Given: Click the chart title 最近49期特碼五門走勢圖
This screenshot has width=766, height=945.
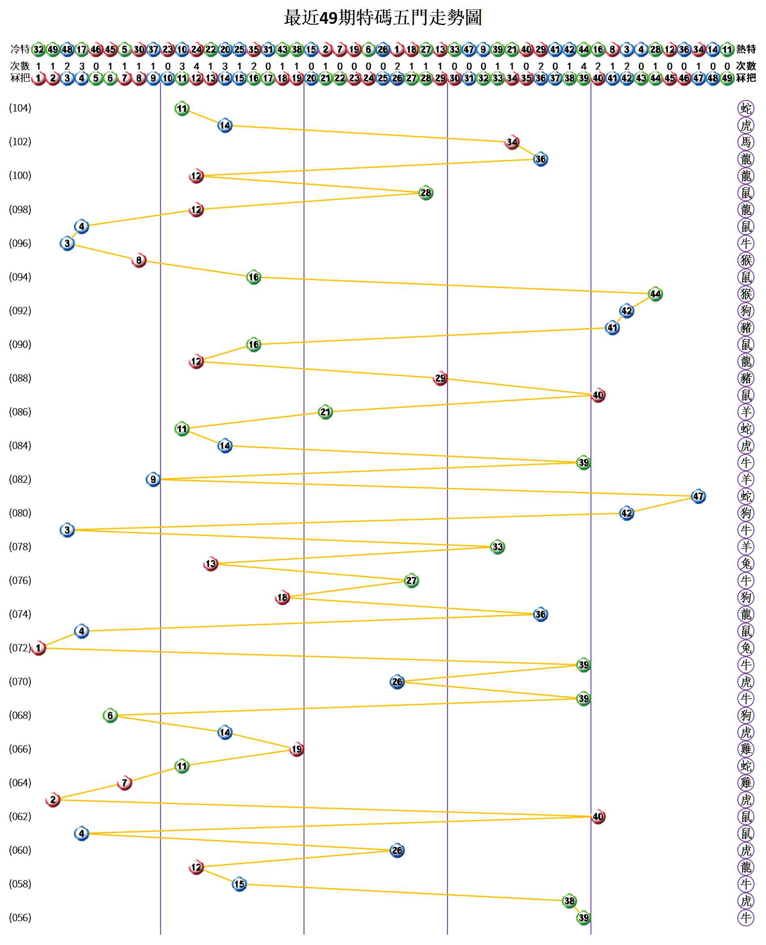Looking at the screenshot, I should tap(383, 18).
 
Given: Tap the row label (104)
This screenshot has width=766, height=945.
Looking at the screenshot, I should tap(20, 108).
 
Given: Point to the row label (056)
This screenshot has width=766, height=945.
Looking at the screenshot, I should tap(20, 918).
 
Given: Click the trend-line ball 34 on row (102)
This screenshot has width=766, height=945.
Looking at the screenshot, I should tap(512, 142).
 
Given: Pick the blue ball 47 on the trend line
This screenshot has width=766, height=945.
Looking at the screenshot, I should tap(698, 496).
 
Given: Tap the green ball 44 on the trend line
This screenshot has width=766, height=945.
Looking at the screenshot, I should tap(655, 294).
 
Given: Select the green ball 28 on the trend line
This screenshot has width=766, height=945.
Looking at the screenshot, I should tap(426, 193).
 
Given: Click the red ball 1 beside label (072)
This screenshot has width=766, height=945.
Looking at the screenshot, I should tap(39, 648).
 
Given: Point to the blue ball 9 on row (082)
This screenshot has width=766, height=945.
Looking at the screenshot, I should tap(153, 479).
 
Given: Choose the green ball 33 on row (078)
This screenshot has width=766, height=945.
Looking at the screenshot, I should tap(497, 547).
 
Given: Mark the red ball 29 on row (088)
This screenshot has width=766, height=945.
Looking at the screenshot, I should tap(440, 379).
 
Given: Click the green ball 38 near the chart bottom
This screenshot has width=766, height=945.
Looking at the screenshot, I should tap(569, 901).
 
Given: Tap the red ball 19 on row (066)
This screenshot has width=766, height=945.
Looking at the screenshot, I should tap(297, 749).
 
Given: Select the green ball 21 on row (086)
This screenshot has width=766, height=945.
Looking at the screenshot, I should tap(325, 412).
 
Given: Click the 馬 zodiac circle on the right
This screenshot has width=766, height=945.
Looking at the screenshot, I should tap(746, 142).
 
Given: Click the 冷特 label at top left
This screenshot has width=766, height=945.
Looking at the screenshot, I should tap(20, 49).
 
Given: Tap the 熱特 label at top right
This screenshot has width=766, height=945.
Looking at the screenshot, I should tap(746, 49).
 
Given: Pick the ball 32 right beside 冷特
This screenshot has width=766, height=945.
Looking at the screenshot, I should tap(39, 49).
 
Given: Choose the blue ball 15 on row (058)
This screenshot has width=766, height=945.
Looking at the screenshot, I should tap(239, 884).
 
